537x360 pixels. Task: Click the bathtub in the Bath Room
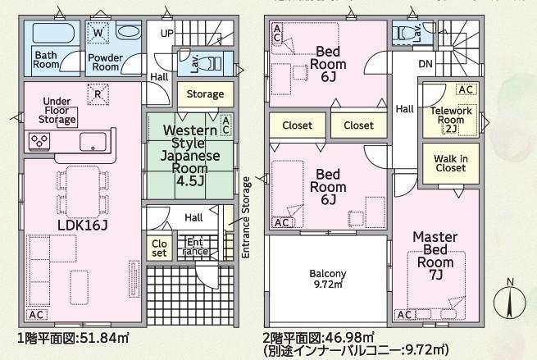coord(52,34)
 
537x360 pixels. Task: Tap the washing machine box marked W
coord(98,33)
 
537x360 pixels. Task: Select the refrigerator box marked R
coord(98,94)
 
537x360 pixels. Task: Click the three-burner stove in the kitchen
coord(39,141)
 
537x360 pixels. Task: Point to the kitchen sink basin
coord(93,142)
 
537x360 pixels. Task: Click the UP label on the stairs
coord(167,34)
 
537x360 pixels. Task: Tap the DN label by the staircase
coord(426,64)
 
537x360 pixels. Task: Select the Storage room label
coord(205,93)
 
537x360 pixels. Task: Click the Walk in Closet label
coord(451,163)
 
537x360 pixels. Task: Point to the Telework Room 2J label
coord(451,120)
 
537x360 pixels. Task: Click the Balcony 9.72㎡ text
coord(328,279)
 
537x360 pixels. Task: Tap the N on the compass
coord(510,282)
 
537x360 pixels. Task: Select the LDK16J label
coord(83,225)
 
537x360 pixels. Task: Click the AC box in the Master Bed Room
coord(404,314)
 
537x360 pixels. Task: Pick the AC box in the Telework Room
coord(466,89)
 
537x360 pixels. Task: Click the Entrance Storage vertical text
coord(246,217)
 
